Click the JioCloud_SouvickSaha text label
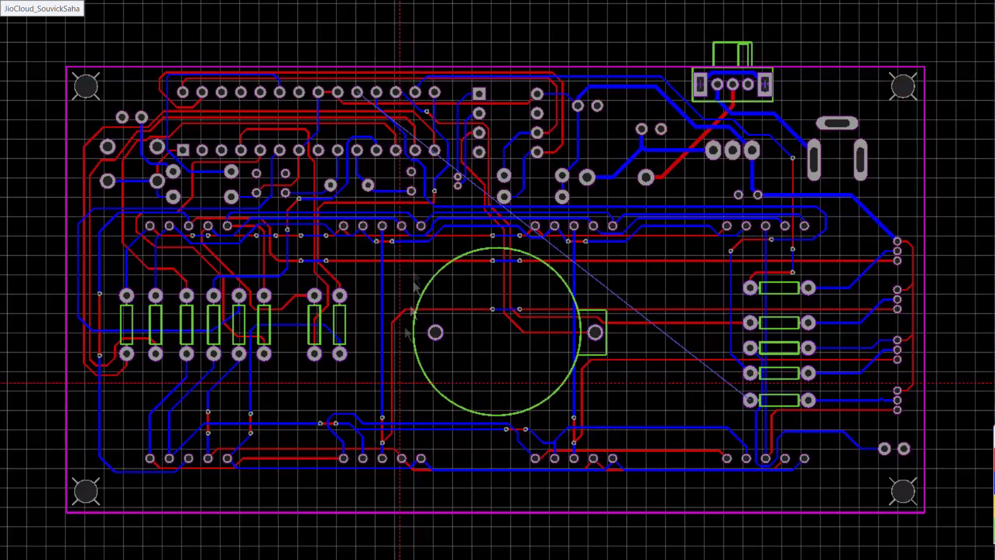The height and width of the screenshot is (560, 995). tap(42, 8)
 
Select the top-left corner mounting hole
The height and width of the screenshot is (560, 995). tap(86, 86)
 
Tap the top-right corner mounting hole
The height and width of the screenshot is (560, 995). tap(902, 86)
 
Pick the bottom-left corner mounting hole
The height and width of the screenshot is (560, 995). tap(86, 491)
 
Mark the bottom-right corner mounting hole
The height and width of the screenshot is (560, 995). tap(902, 491)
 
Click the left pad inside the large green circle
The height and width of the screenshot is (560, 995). tap(435, 332)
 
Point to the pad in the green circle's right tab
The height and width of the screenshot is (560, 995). tap(595, 332)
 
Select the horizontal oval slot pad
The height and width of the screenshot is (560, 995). tap(836, 123)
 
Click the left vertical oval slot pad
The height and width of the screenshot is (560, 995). tap(814, 159)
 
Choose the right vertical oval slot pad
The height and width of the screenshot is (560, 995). tap(860, 159)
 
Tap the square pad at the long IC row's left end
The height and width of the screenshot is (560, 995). tap(183, 150)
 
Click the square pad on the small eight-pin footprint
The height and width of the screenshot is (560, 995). tap(479, 94)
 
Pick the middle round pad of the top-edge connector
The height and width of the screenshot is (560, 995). tap(732, 84)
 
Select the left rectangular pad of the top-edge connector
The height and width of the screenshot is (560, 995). tap(700, 84)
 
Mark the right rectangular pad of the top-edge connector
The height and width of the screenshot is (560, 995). tap(764, 84)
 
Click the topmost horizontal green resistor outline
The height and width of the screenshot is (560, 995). tap(779, 288)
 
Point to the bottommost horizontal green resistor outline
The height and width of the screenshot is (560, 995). tap(779, 400)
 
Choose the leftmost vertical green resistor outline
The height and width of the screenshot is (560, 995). tap(126, 325)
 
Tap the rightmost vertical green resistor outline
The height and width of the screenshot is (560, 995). tap(339, 325)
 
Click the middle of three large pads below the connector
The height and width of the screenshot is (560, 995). tap(732, 150)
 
